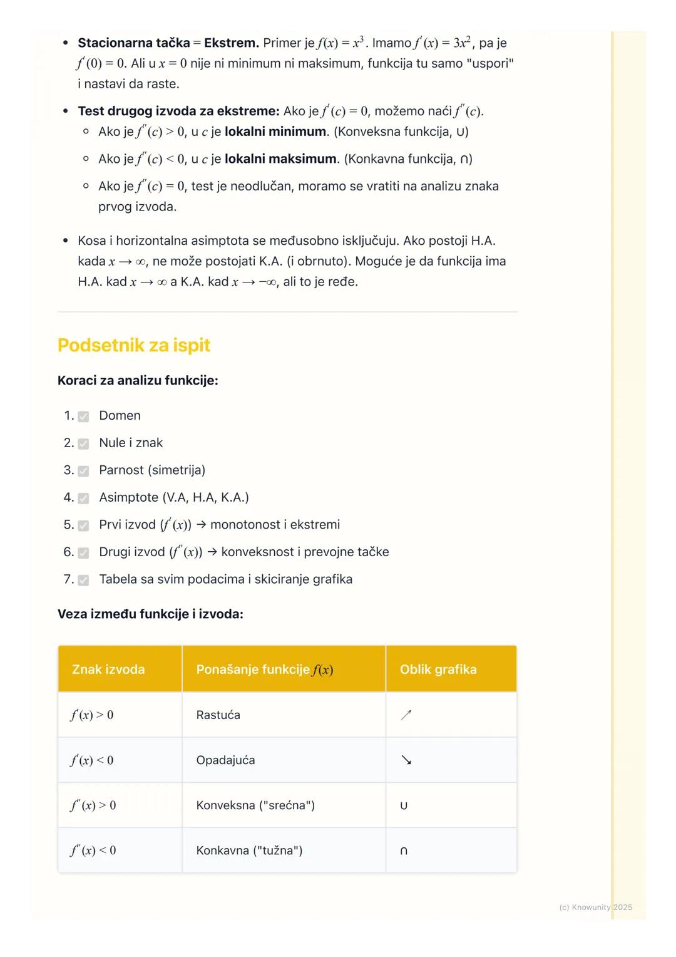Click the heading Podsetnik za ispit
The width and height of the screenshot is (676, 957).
pyautogui.click(x=134, y=345)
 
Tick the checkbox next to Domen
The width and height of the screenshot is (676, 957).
pyautogui.click(x=83, y=416)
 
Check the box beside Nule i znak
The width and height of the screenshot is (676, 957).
pyautogui.click(x=83, y=443)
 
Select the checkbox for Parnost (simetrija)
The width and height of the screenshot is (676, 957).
pyautogui.click(x=83, y=471)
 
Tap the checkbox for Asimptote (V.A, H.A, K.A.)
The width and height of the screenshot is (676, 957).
pyautogui.click(x=83, y=499)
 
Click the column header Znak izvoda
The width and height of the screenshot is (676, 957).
pyautogui.click(x=108, y=670)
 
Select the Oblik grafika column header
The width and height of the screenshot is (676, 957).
pyautogui.click(x=438, y=670)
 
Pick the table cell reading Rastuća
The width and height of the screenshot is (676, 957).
pyautogui.click(x=218, y=715)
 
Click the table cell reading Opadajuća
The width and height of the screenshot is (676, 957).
pyautogui.click(x=225, y=760)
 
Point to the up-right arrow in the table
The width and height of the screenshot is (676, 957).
pyautogui.click(x=406, y=715)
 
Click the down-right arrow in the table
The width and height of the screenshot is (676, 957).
pyautogui.click(x=406, y=760)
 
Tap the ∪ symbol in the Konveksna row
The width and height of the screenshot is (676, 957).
pyautogui.click(x=404, y=805)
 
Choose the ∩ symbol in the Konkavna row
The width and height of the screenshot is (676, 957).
pyautogui.click(x=404, y=851)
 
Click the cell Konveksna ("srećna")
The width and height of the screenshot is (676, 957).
pyautogui.click(x=255, y=805)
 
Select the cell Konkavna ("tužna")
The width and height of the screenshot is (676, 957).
pyautogui.click(x=249, y=850)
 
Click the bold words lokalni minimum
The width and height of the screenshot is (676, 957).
pyautogui.click(x=275, y=132)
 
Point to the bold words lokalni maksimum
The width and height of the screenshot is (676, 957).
pyautogui.click(x=280, y=159)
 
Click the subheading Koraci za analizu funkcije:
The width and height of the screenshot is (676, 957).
pyautogui.click(x=138, y=380)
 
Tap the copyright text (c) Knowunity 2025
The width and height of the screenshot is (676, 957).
pyautogui.click(x=595, y=907)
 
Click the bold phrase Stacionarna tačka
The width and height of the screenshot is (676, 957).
pyautogui.click(x=133, y=43)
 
